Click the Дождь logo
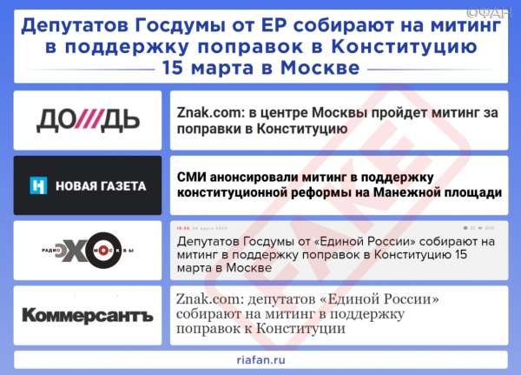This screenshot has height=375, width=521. point(88,121)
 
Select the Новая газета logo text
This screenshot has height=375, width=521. point(101,186)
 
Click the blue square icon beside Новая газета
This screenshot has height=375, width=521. point(38,185)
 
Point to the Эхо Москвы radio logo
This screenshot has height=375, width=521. point(88,251)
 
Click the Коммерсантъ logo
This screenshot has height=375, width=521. point(88,316)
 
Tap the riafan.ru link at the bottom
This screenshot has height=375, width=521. point(260,360)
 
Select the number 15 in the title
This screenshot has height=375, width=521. point(173,68)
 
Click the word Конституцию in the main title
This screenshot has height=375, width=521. point(404,47)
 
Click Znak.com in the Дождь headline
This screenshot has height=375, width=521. point(210,112)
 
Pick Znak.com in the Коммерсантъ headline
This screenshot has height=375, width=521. point(208,299)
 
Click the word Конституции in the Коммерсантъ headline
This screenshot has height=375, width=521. point(301,329)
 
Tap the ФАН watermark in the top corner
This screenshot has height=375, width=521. point(488,13)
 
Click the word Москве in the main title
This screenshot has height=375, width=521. point(320,68)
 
